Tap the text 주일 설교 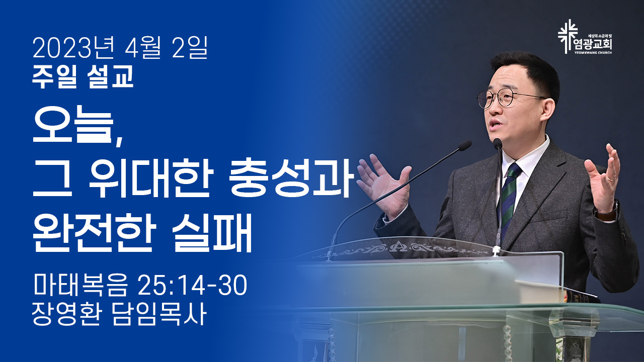[x=83, y=76]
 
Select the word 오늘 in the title [x=73, y=124]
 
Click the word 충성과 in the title [x=291, y=177]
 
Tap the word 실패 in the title [x=212, y=233]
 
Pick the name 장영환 [x=66, y=314]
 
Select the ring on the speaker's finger [x=611, y=178]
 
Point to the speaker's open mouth [x=495, y=124]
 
